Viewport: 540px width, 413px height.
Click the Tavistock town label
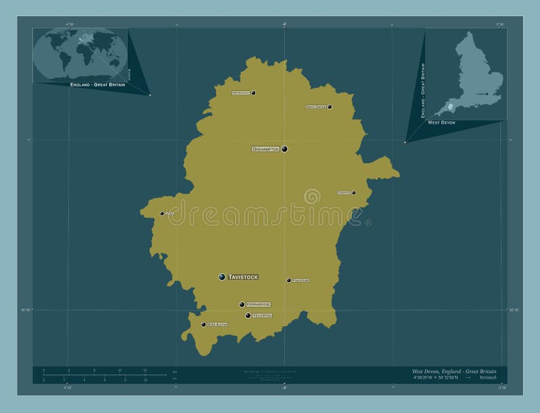pyautogui.click(x=243, y=277)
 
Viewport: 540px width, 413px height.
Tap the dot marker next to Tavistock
pyautogui.click(x=222, y=277)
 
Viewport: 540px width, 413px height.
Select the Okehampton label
pyautogui.click(x=265, y=148)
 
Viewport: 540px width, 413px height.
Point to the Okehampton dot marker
pyautogui.click(x=285, y=148)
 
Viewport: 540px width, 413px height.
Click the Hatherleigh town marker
pyautogui.click(x=253, y=93)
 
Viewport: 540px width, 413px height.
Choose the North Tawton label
pyautogui.click(x=316, y=107)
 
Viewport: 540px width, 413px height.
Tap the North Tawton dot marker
pyautogui.click(x=329, y=107)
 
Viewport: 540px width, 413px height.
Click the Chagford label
pyautogui.click(x=345, y=193)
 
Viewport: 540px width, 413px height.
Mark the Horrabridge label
pyautogui.click(x=259, y=304)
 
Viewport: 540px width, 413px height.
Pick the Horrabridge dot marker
pyautogui.click(x=242, y=304)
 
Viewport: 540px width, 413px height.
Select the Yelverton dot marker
pyautogui.click(x=248, y=315)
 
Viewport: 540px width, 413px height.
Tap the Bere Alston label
pyautogui.click(x=217, y=325)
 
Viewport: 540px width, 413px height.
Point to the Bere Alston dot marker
pyautogui.click(x=204, y=325)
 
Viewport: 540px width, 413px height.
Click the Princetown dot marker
pyautogui.click(x=289, y=280)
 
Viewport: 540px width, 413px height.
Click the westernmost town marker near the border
pyautogui.click(x=162, y=213)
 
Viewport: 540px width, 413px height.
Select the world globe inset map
pyautogui.click(x=80, y=54)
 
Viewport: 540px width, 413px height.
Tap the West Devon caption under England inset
pyautogui.click(x=441, y=123)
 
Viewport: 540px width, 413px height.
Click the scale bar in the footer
pyautogui.click(x=105, y=375)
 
